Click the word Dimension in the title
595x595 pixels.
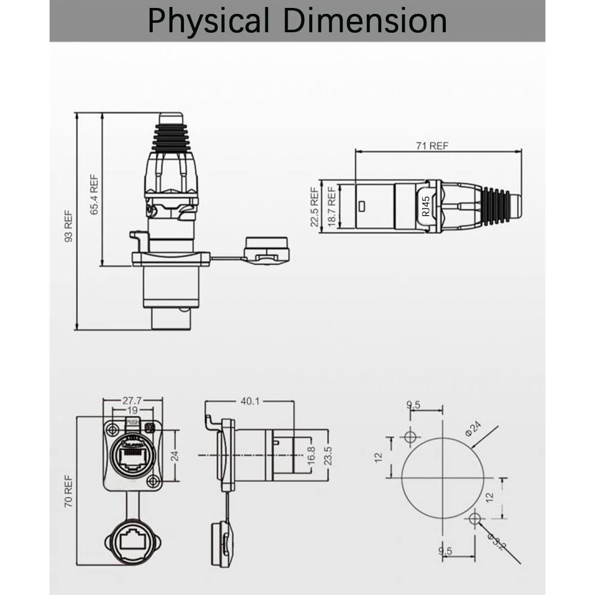click(365, 20)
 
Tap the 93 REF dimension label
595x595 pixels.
click(68, 226)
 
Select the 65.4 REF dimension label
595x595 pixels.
click(94, 194)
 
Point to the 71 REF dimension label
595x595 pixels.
click(432, 146)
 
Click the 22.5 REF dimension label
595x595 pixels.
click(314, 207)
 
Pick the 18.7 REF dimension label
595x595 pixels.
click(332, 207)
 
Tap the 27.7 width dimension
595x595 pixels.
click(132, 401)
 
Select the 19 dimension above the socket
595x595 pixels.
click(132, 411)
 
